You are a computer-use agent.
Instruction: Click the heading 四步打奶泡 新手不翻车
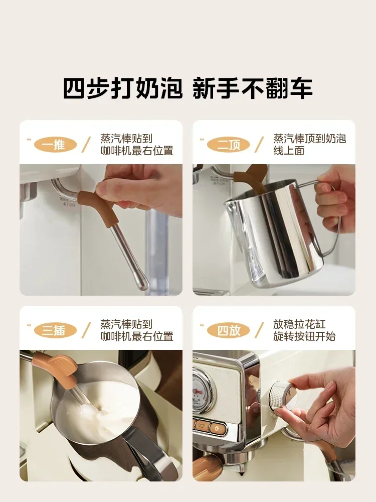click(187, 87)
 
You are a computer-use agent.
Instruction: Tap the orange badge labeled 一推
click(55, 145)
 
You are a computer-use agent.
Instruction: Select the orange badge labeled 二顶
click(228, 145)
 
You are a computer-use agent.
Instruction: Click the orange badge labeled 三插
click(55, 330)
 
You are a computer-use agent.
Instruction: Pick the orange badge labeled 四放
click(228, 330)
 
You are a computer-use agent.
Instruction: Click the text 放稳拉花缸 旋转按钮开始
click(304, 330)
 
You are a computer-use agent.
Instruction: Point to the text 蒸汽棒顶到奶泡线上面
click(309, 145)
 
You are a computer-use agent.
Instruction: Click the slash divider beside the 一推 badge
click(88, 145)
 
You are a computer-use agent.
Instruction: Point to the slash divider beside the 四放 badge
click(260, 330)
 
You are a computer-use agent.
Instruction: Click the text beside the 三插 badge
click(136, 330)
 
